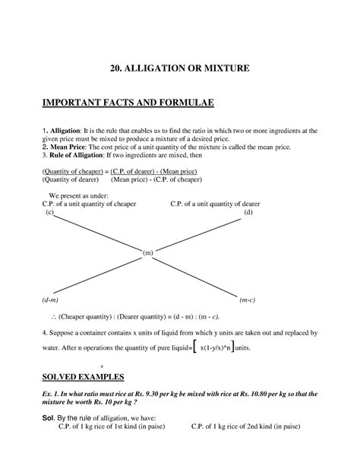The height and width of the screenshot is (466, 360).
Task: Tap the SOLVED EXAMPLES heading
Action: (x=84, y=377)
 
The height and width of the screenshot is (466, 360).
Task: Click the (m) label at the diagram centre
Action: (x=147, y=252)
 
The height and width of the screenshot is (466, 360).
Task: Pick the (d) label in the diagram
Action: (x=248, y=213)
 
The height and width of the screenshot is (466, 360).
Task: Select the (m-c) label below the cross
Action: (x=247, y=300)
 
